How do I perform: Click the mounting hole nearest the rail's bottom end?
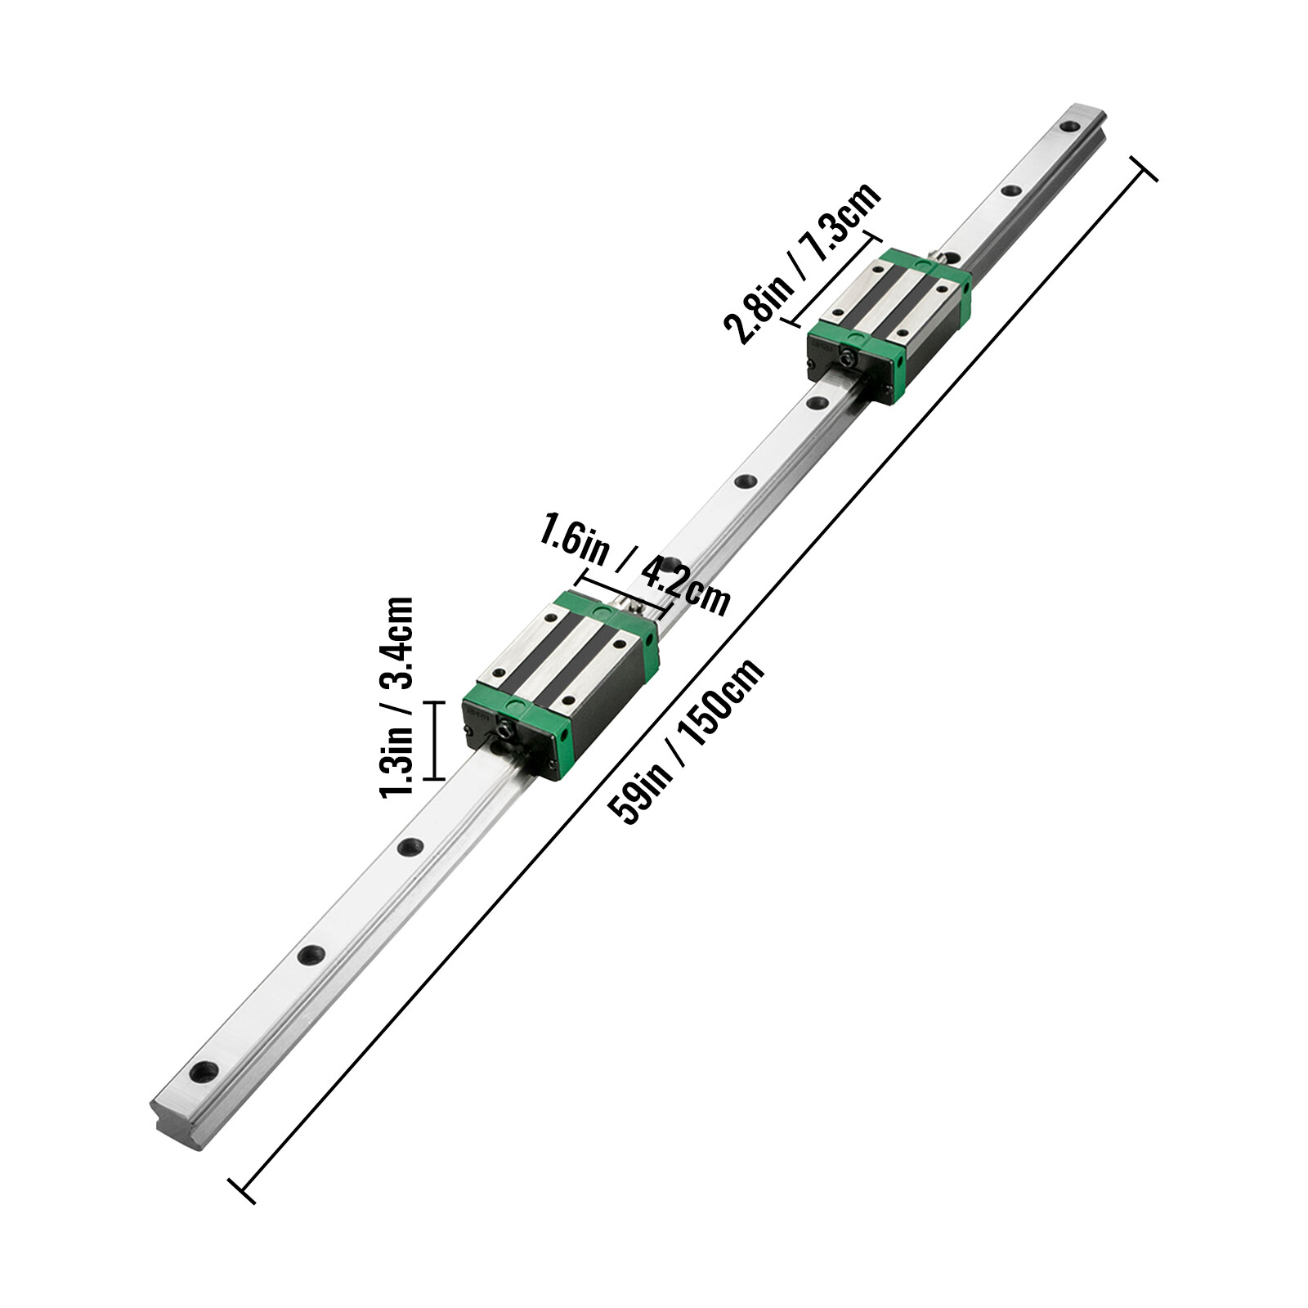pyautogui.click(x=204, y=1070)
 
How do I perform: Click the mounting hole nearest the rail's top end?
pyautogui.click(x=1069, y=127)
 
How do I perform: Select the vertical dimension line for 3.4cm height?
pyautogui.click(x=434, y=741)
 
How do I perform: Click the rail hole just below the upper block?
pyautogui.click(x=816, y=402)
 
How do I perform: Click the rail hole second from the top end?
pyautogui.click(x=1011, y=191)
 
